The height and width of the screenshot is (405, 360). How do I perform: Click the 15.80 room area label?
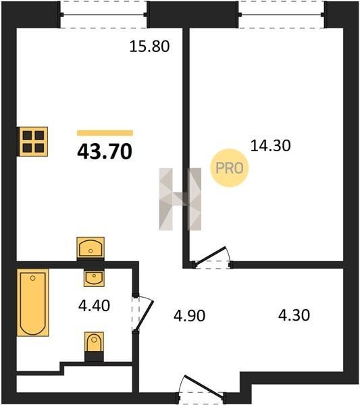point(149,47)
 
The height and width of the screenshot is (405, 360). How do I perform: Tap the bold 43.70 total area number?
point(105,151)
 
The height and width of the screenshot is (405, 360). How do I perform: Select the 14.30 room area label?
point(271,145)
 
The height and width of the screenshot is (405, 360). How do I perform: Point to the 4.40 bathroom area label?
point(94,306)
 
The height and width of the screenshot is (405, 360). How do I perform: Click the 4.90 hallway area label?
point(189,316)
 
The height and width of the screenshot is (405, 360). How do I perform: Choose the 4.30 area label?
point(294,315)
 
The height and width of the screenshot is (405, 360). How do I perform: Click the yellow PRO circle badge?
point(229,168)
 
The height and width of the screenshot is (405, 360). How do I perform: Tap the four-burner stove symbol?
point(32,142)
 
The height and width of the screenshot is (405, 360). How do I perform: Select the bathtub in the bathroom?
point(33,302)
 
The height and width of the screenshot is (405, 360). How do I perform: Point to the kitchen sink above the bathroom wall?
point(91,248)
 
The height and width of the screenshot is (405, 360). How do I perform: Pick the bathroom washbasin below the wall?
point(94,278)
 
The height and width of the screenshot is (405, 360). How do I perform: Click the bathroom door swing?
point(143,314)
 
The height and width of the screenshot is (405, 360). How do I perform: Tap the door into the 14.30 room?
point(212,258)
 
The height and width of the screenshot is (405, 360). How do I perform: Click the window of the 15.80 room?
point(103,15)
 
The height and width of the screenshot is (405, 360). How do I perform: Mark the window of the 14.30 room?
point(282,15)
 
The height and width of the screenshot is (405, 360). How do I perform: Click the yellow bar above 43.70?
point(105,133)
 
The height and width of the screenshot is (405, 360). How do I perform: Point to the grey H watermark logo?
point(180,199)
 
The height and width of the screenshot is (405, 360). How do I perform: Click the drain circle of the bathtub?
point(32,278)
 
